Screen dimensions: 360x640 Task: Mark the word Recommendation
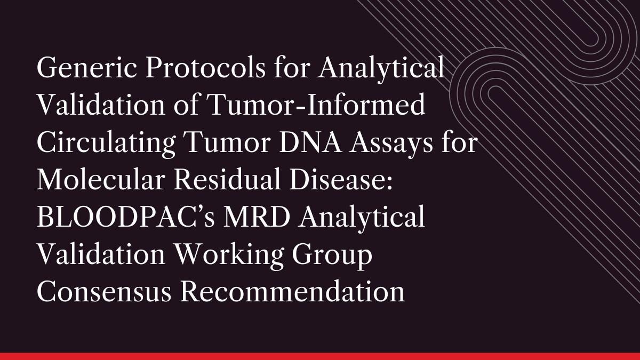pos(292,294)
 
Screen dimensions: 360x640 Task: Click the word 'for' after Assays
pos(459,145)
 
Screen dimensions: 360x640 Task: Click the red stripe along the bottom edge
pos(320,356)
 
